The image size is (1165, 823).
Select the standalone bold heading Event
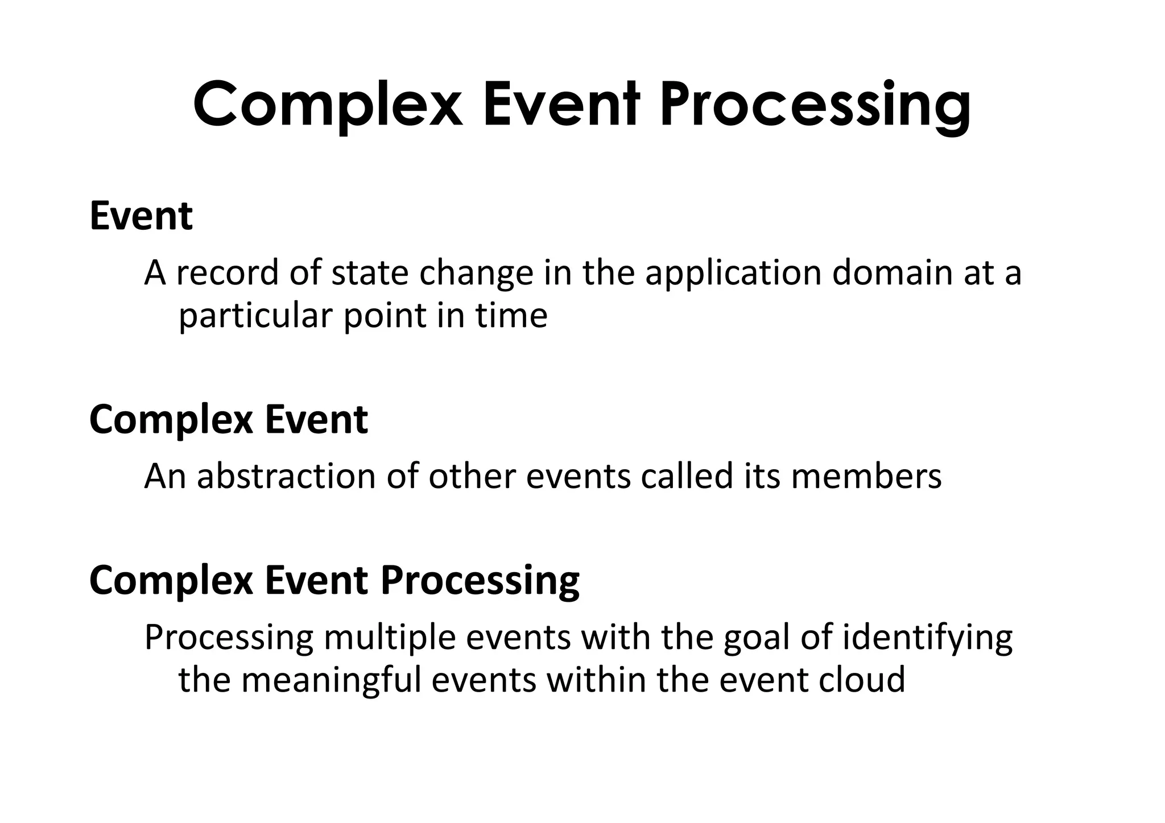pyautogui.click(x=141, y=216)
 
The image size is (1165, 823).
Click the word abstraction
pyautogui.click(x=286, y=476)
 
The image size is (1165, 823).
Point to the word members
pyautogui.click(x=866, y=476)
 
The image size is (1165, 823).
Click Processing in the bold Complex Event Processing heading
pyautogui.click(x=480, y=581)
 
